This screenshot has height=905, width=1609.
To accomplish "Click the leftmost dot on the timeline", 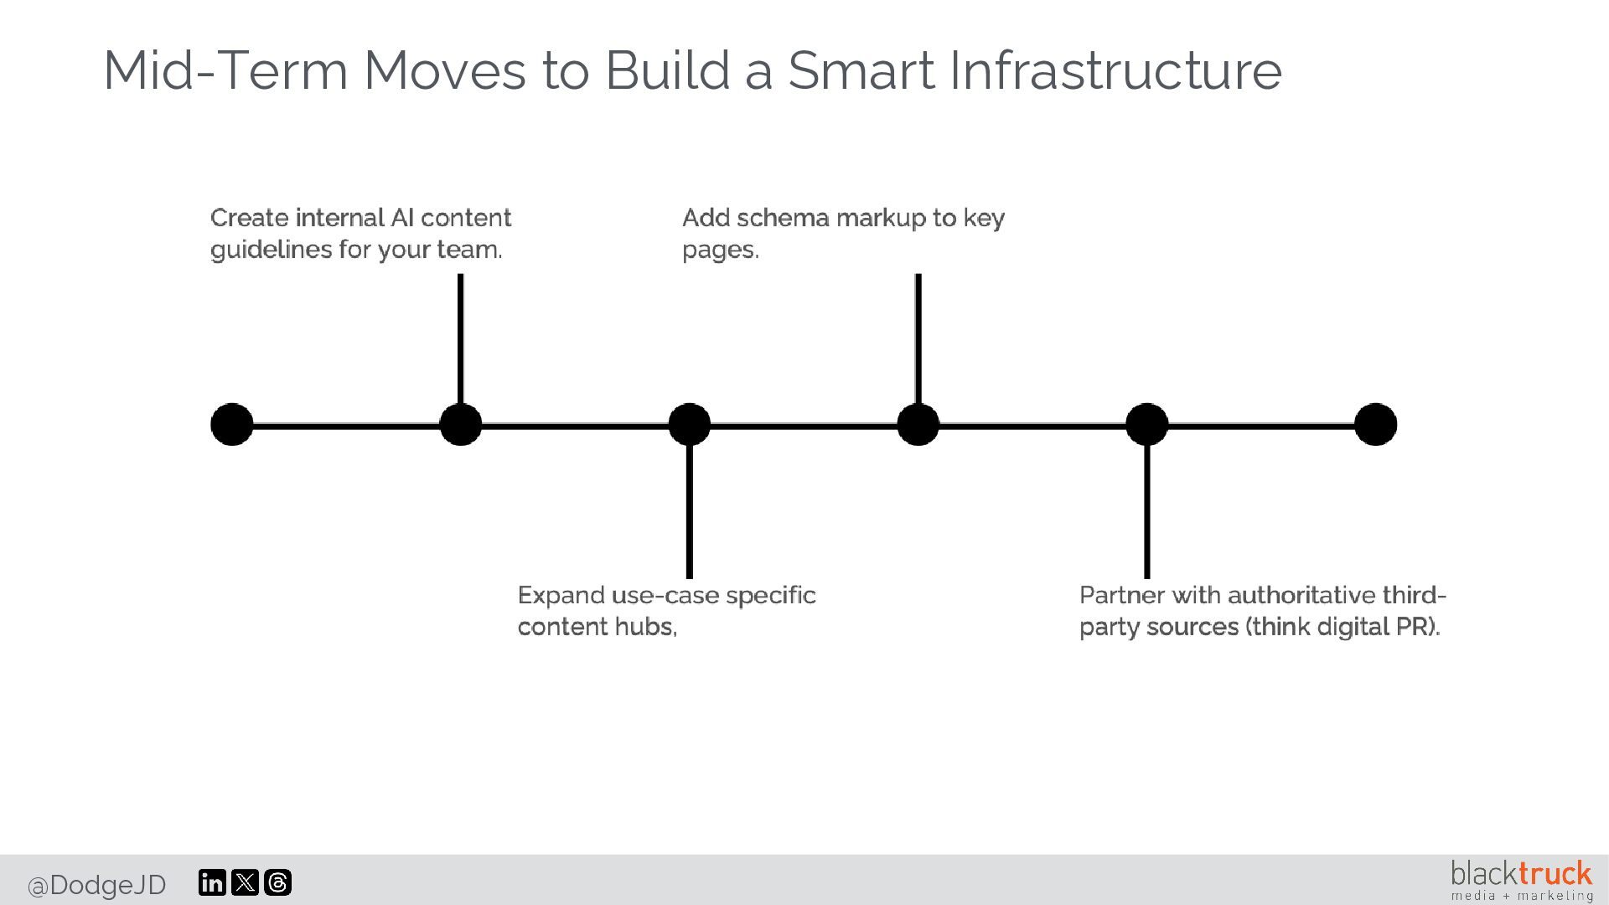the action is pos(232,424).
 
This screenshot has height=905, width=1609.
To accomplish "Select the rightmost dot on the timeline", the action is pos(1375,424).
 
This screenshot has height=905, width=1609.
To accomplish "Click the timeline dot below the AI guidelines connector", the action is pos(461,424).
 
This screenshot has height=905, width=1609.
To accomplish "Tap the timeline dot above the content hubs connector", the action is pos(690,424).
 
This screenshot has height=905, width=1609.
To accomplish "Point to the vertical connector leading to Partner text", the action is pos(1147,511).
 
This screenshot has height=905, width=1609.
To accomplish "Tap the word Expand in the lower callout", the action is pos(561,596).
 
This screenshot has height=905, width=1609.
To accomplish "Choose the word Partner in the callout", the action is pos(1121,596).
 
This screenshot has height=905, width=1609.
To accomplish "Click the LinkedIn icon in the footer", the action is pos(212,882).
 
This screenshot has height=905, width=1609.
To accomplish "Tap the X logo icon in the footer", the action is pos(245,882).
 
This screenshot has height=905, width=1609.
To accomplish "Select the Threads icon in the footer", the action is pos(277,882).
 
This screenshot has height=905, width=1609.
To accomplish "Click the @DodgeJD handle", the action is pos(97,885).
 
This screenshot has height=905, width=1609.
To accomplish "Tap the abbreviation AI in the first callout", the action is pos(401,218).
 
